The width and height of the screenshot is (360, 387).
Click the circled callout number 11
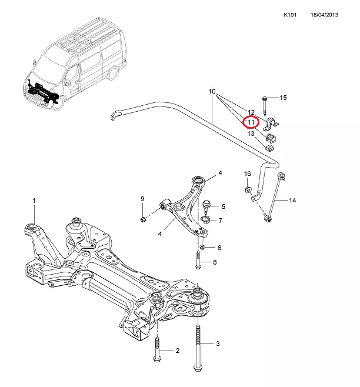[x=251, y=122]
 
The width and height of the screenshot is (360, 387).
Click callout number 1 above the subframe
[x=34, y=201]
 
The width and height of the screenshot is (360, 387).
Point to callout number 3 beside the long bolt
[x=218, y=343]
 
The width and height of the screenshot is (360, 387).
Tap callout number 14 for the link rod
[x=292, y=201]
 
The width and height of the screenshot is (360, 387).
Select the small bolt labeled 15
[x=265, y=104]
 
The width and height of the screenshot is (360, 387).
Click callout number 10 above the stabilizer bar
[x=212, y=92]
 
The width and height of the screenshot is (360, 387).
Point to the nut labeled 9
[x=143, y=220]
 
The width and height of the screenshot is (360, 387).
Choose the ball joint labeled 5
[x=206, y=206]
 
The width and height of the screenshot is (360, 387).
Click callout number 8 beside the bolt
[x=215, y=262]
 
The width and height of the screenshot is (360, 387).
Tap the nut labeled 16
[x=248, y=189]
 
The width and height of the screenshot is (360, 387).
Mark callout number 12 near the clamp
[x=251, y=112]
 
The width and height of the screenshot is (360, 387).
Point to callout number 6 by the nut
[x=219, y=248]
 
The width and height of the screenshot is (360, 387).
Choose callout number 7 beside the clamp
[x=220, y=221]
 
